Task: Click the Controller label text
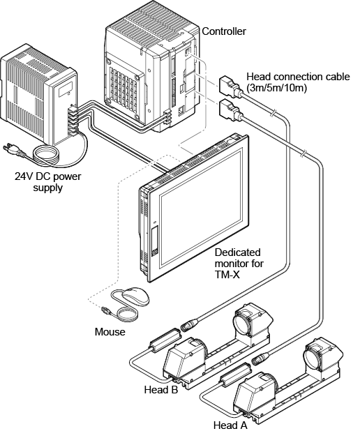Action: click(x=223, y=31)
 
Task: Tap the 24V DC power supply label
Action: click(x=48, y=182)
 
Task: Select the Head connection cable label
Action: click(x=298, y=82)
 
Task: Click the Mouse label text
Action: click(x=110, y=332)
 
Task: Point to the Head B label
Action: click(x=161, y=390)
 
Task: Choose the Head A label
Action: click(x=230, y=425)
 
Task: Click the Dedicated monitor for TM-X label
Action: click(x=239, y=264)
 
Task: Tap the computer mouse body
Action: click(x=135, y=296)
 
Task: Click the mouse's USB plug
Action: click(x=106, y=310)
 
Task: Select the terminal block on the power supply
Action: click(x=73, y=121)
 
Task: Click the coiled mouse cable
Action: click(x=127, y=315)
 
